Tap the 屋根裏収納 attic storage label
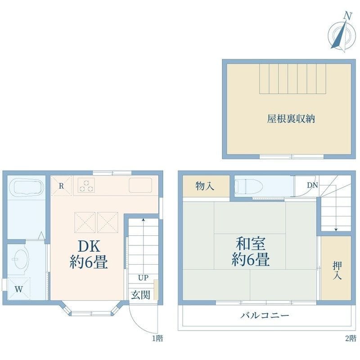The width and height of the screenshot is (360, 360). (291, 119)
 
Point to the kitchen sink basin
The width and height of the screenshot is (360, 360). (140, 185)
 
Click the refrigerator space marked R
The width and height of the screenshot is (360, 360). (61, 186)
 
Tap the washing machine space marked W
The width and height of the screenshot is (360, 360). (19, 288)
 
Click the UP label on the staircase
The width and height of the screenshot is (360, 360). (143, 278)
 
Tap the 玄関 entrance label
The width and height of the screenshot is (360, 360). (140, 295)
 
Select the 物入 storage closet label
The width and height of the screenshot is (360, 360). (205, 186)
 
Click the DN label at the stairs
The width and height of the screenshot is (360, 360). (312, 185)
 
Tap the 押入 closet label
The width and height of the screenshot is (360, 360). (337, 271)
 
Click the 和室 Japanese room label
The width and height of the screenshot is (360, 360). (251, 243)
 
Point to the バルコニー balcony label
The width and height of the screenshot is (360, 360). (265, 315)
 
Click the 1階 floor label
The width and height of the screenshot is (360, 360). (158, 338)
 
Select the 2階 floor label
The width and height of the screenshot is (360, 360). (351, 338)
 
